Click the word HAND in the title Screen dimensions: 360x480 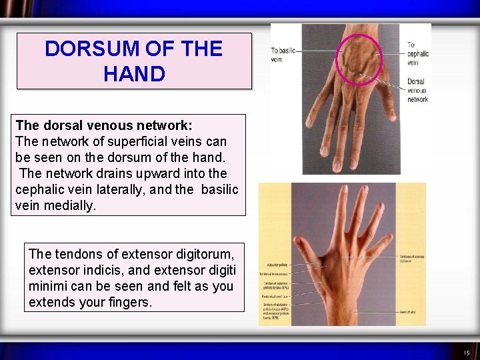(134, 73)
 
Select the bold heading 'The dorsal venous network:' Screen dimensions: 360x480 (104, 125)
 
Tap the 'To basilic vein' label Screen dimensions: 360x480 (282, 55)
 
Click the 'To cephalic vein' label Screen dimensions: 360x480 (418, 54)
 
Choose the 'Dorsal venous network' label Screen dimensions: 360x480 (417, 91)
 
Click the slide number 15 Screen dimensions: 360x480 (466, 352)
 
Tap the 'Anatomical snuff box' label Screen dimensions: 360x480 (275, 295)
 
